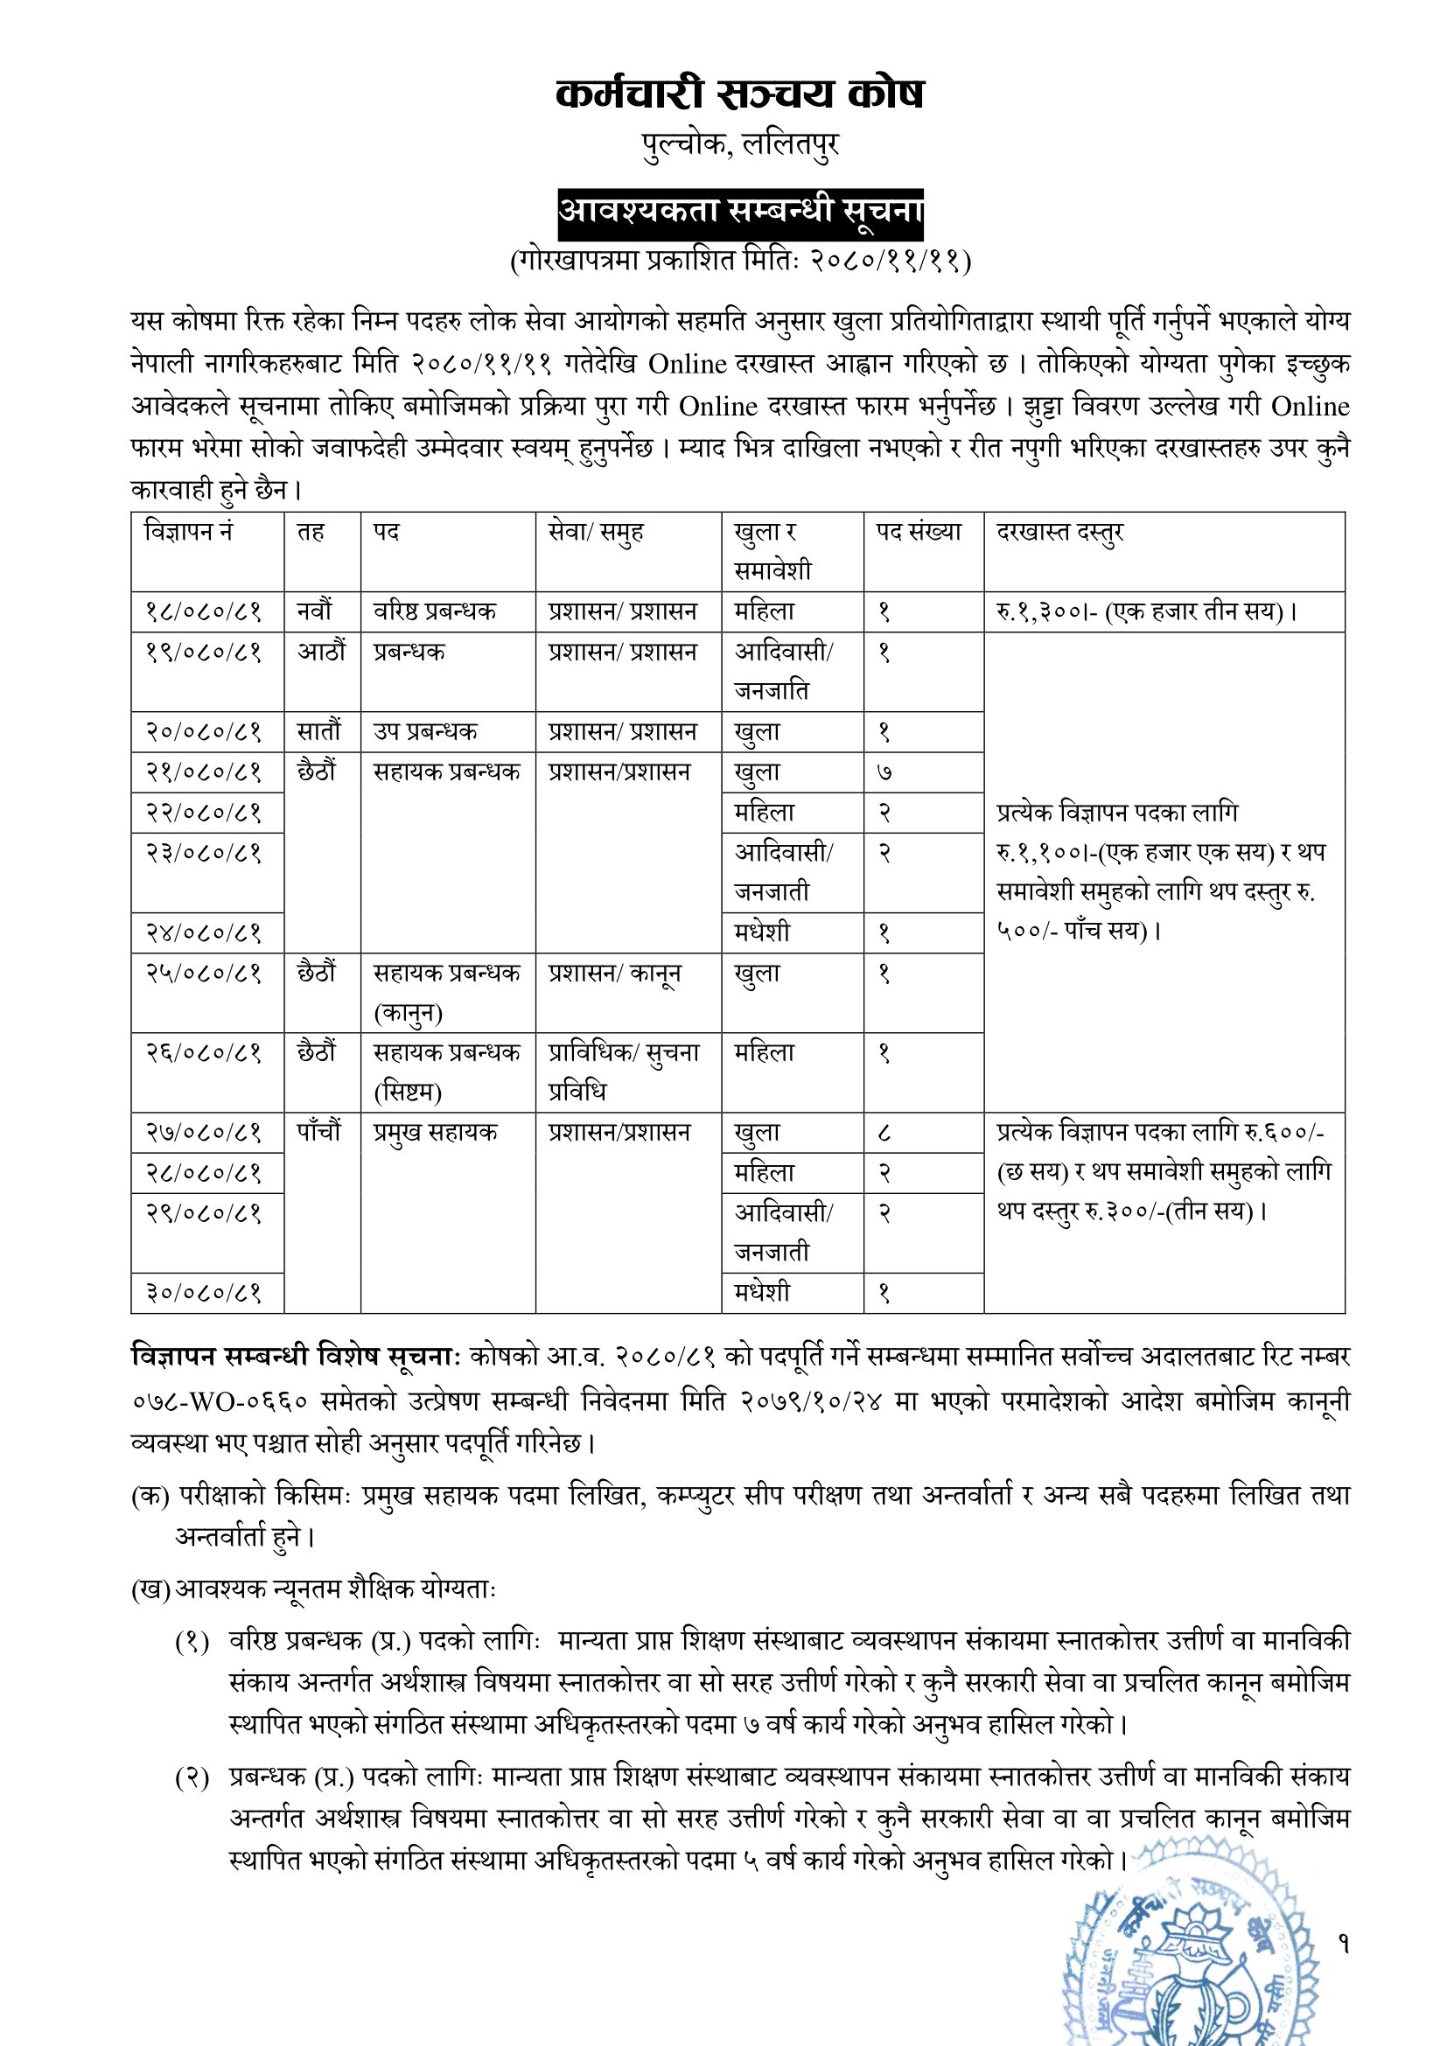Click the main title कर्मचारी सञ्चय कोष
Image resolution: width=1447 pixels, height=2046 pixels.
739,94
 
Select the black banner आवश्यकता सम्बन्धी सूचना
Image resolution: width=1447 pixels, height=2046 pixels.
739,213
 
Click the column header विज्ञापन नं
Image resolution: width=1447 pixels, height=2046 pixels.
188,532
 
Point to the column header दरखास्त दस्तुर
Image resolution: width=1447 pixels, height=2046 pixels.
1059,532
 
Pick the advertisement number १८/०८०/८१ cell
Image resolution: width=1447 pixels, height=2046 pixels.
203,612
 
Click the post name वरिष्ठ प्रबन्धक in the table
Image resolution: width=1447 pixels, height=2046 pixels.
434,612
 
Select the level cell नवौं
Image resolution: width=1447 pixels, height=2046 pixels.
315,612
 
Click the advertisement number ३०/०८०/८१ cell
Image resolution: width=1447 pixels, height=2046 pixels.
203,1292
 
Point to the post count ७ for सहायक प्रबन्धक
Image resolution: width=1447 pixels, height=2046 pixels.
884,772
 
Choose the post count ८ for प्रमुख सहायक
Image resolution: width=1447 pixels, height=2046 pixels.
884,1133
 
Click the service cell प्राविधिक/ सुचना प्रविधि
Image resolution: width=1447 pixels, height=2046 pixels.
624,1072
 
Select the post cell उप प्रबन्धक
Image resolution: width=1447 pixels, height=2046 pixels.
425,731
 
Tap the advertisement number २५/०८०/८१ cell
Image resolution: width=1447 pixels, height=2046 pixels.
203,973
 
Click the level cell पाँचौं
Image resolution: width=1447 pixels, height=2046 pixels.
319,1133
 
